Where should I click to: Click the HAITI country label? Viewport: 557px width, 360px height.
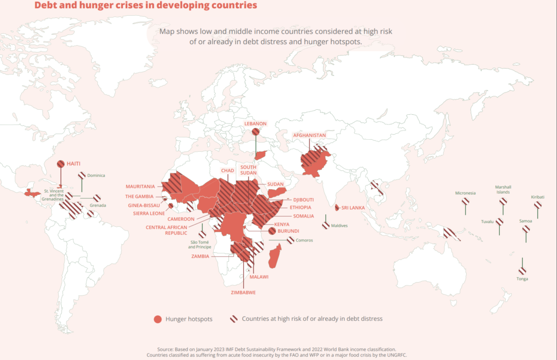[x=73, y=163]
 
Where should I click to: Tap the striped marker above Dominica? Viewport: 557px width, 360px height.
[x=82, y=175]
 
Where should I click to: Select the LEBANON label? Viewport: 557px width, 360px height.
[x=255, y=123]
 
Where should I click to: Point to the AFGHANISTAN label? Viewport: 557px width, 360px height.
[x=309, y=134]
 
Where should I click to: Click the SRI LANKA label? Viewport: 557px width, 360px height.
[x=353, y=208]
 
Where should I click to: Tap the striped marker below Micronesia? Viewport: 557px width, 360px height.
[x=465, y=202]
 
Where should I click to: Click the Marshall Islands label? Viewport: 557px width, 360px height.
[x=503, y=189]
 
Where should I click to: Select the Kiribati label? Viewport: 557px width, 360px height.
[x=537, y=197]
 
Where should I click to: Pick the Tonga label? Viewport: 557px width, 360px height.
[x=523, y=278]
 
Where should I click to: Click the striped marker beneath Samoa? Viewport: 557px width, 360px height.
[x=526, y=229]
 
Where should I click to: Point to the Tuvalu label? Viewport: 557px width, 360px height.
[x=487, y=221]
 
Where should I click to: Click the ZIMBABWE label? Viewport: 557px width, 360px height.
[x=243, y=292]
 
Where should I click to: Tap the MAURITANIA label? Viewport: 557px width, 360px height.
[x=140, y=187]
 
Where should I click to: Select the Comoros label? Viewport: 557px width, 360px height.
[x=304, y=240]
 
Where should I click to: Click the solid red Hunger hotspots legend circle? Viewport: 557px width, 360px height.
[x=158, y=319]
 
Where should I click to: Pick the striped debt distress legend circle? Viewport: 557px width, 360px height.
[x=234, y=319]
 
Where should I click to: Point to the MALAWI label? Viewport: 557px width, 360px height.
[x=259, y=277]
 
